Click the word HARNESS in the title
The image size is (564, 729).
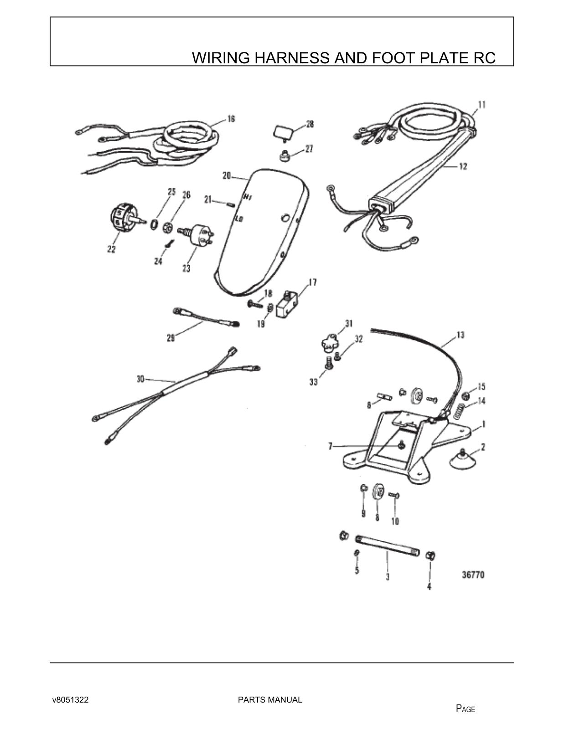coord(292,58)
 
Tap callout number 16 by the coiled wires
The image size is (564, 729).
coord(231,119)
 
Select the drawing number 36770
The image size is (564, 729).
coord(473,575)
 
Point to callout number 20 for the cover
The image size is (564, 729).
coord(227,175)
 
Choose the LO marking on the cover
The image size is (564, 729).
coord(239,218)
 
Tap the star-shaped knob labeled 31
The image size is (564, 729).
coord(329,342)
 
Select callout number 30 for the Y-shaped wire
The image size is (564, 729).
coord(140,379)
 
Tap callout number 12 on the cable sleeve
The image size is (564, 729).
coord(463,166)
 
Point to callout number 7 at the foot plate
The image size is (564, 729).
coord(331,446)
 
